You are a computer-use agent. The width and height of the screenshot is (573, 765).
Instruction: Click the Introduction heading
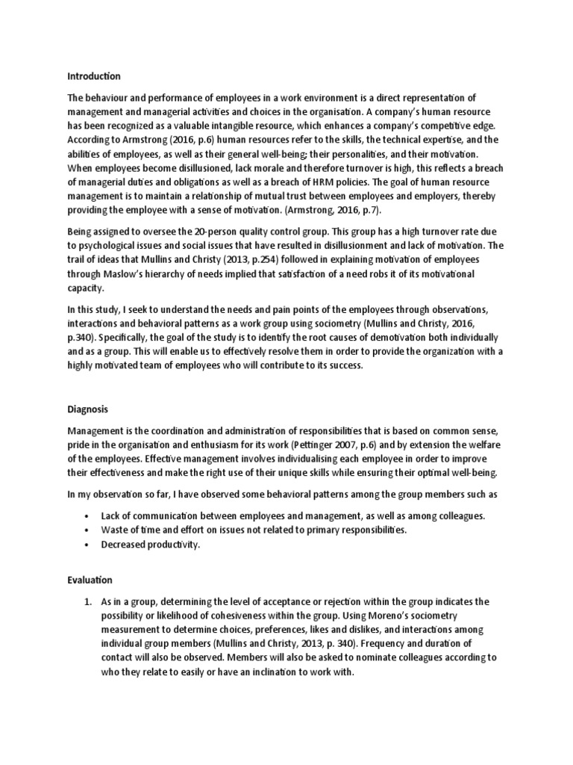click(x=94, y=76)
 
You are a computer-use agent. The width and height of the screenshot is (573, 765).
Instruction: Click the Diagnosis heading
click(x=88, y=410)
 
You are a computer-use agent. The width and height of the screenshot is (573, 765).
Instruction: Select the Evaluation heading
click(x=90, y=579)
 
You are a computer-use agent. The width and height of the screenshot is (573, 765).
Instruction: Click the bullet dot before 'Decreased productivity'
click(x=88, y=545)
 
